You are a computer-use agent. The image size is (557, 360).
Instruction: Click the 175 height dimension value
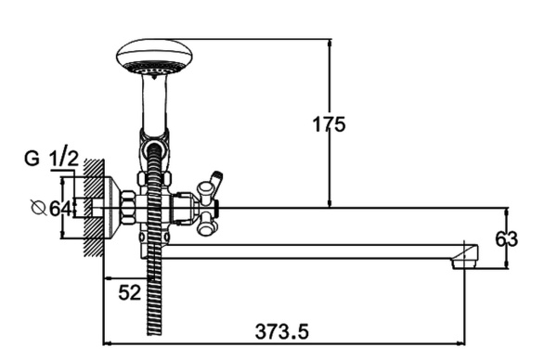[x=329, y=124]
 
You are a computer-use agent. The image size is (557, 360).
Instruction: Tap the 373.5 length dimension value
[x=281, y=332]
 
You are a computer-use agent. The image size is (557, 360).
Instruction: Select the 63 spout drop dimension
[x=507, y=239]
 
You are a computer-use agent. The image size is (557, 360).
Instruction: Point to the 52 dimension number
[x=130, y=292]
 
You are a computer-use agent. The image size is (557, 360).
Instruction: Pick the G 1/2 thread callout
[x=51, y=159]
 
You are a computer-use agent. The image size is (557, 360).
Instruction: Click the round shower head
[x=154, y=57]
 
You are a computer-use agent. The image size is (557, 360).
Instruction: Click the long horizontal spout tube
[x=313, y=251]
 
